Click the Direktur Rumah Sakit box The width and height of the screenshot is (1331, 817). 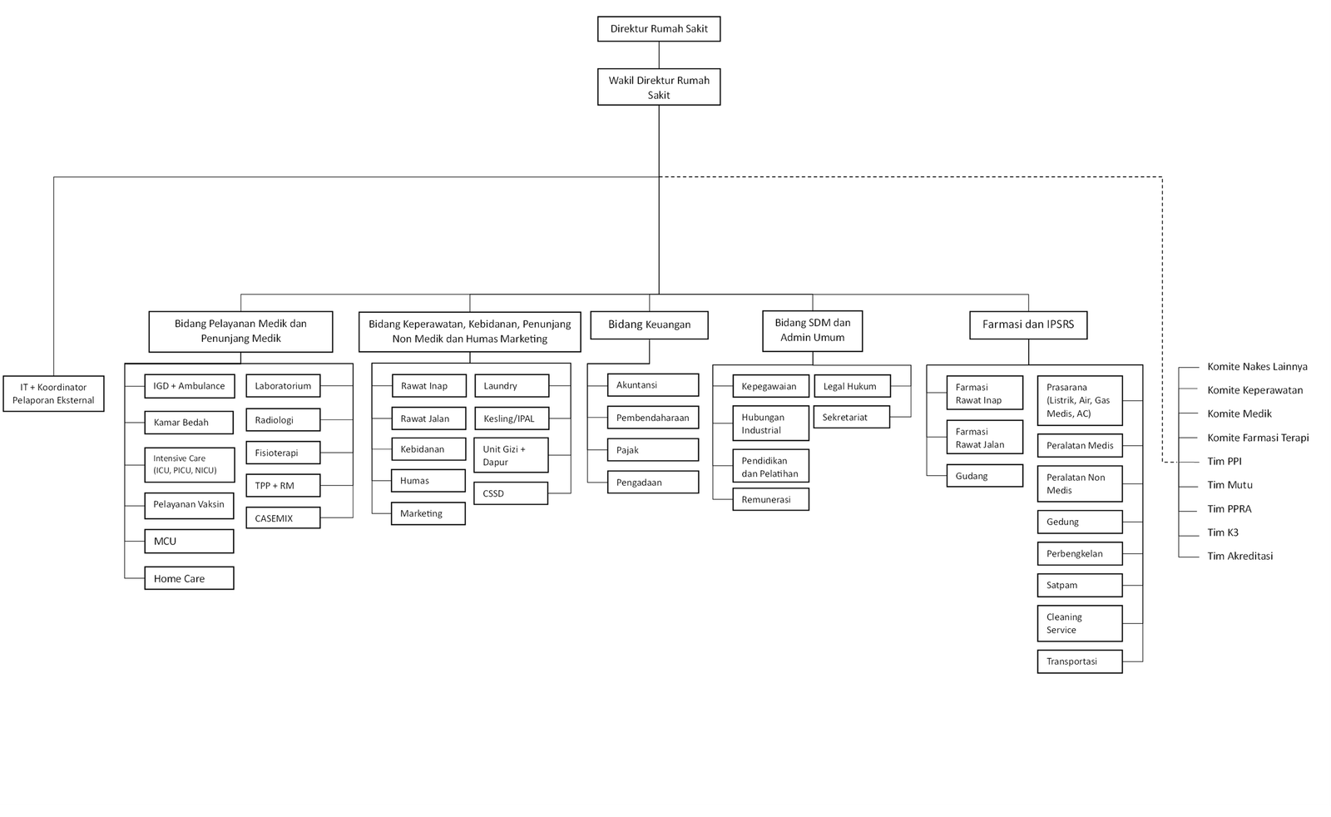[658, 28]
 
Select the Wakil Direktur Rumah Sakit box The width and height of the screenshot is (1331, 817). [658, 87]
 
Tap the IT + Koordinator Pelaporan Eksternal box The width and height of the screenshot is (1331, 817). [53, 394]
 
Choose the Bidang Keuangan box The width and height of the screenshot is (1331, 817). [649, 325]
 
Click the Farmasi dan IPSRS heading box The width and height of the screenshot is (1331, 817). [1028, 325]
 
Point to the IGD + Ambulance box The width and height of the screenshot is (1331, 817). [189, 386]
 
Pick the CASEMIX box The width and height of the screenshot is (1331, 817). [283, 518]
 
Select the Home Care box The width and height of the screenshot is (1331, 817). [189, 578]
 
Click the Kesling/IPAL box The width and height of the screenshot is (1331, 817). [512, 418]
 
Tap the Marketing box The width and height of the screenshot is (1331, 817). [428, 513]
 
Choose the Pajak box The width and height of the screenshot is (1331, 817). [652, 450]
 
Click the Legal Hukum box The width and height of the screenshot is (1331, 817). [852, 386]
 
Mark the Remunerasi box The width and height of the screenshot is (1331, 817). [770, 500]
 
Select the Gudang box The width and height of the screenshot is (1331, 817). [985, 476]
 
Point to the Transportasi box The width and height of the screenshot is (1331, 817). [1080, 661]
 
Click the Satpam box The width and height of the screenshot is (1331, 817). [1080, 585]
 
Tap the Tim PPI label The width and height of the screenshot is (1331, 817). [1224, 461]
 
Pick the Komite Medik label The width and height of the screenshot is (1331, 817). [1239, 413]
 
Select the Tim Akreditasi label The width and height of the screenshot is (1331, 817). [1240, 556]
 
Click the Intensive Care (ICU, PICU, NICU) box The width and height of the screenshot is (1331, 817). [189, 464]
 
